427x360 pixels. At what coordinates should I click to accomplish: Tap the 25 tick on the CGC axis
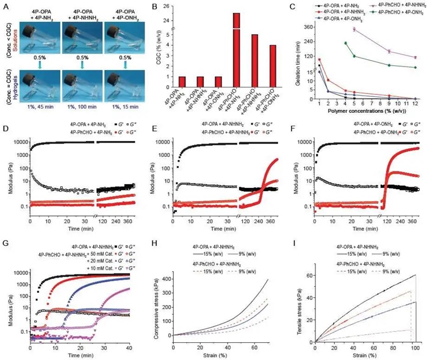168,13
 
